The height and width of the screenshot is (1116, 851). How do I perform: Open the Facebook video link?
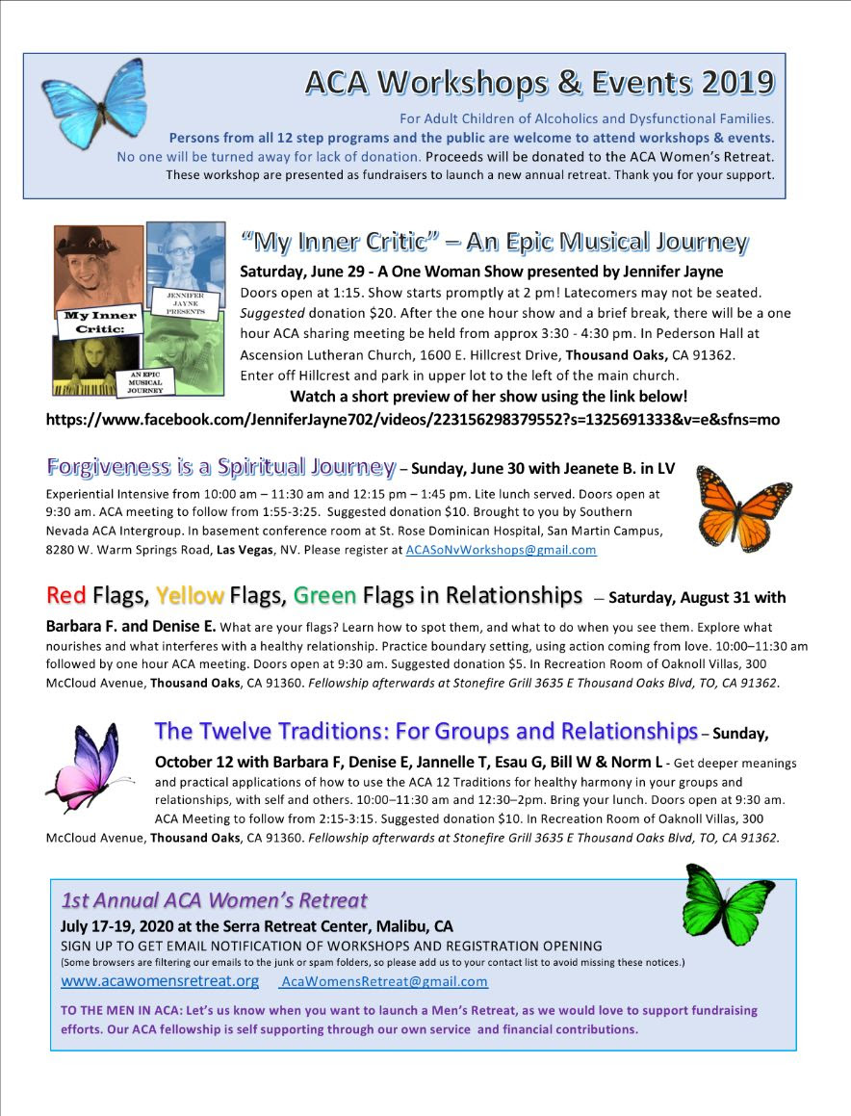coord(413,419)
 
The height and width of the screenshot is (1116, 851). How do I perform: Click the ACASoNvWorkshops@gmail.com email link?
coord(501,550)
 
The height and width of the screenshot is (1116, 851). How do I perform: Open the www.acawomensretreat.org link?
coord(160,981)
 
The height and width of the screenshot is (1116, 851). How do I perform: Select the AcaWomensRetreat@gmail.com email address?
coord(384,982)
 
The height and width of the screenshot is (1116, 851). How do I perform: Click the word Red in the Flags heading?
coord(66,596)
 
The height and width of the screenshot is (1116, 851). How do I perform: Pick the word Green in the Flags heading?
coord(324,596)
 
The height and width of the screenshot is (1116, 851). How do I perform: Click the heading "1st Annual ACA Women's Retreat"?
coord(214,901)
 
